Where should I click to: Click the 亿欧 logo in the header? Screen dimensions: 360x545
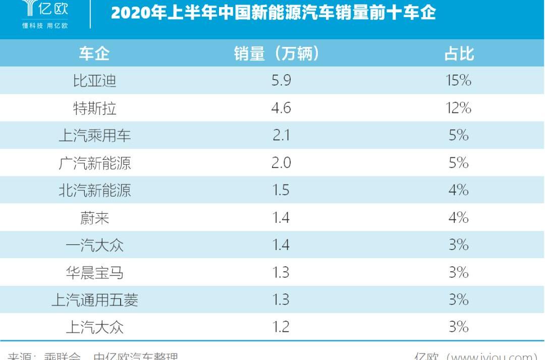coord(45,12)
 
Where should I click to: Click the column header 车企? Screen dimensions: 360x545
coord(94,53)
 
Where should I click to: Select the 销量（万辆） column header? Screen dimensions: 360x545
coord(277,53)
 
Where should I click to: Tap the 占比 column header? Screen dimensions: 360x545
coord(459,53)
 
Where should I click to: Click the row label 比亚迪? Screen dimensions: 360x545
coord(94,81)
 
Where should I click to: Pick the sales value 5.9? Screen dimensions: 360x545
coord(281,81)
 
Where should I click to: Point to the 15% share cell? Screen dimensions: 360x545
coord(458,81)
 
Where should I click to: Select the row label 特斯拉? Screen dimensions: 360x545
coord(94,108)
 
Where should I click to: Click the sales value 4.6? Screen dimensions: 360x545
coord(281,108)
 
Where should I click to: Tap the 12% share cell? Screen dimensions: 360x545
coord(458,108)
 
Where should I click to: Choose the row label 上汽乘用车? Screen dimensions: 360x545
coord(94,136)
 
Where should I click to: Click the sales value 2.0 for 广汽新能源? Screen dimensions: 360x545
coord(281,163)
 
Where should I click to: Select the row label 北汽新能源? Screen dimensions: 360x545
coord(94,190)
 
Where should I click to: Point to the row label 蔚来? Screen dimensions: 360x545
coord(94,218)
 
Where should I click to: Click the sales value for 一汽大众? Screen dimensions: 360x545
coord(281,245)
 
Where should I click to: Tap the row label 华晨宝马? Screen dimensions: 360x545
coord(94,273)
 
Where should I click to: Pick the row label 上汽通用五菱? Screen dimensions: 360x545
coord(94,300)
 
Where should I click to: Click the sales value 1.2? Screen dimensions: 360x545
coord(281,327)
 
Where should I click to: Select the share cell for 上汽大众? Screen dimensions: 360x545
coord(458,327)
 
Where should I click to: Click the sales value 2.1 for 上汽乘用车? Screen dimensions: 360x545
coord(281,136)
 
